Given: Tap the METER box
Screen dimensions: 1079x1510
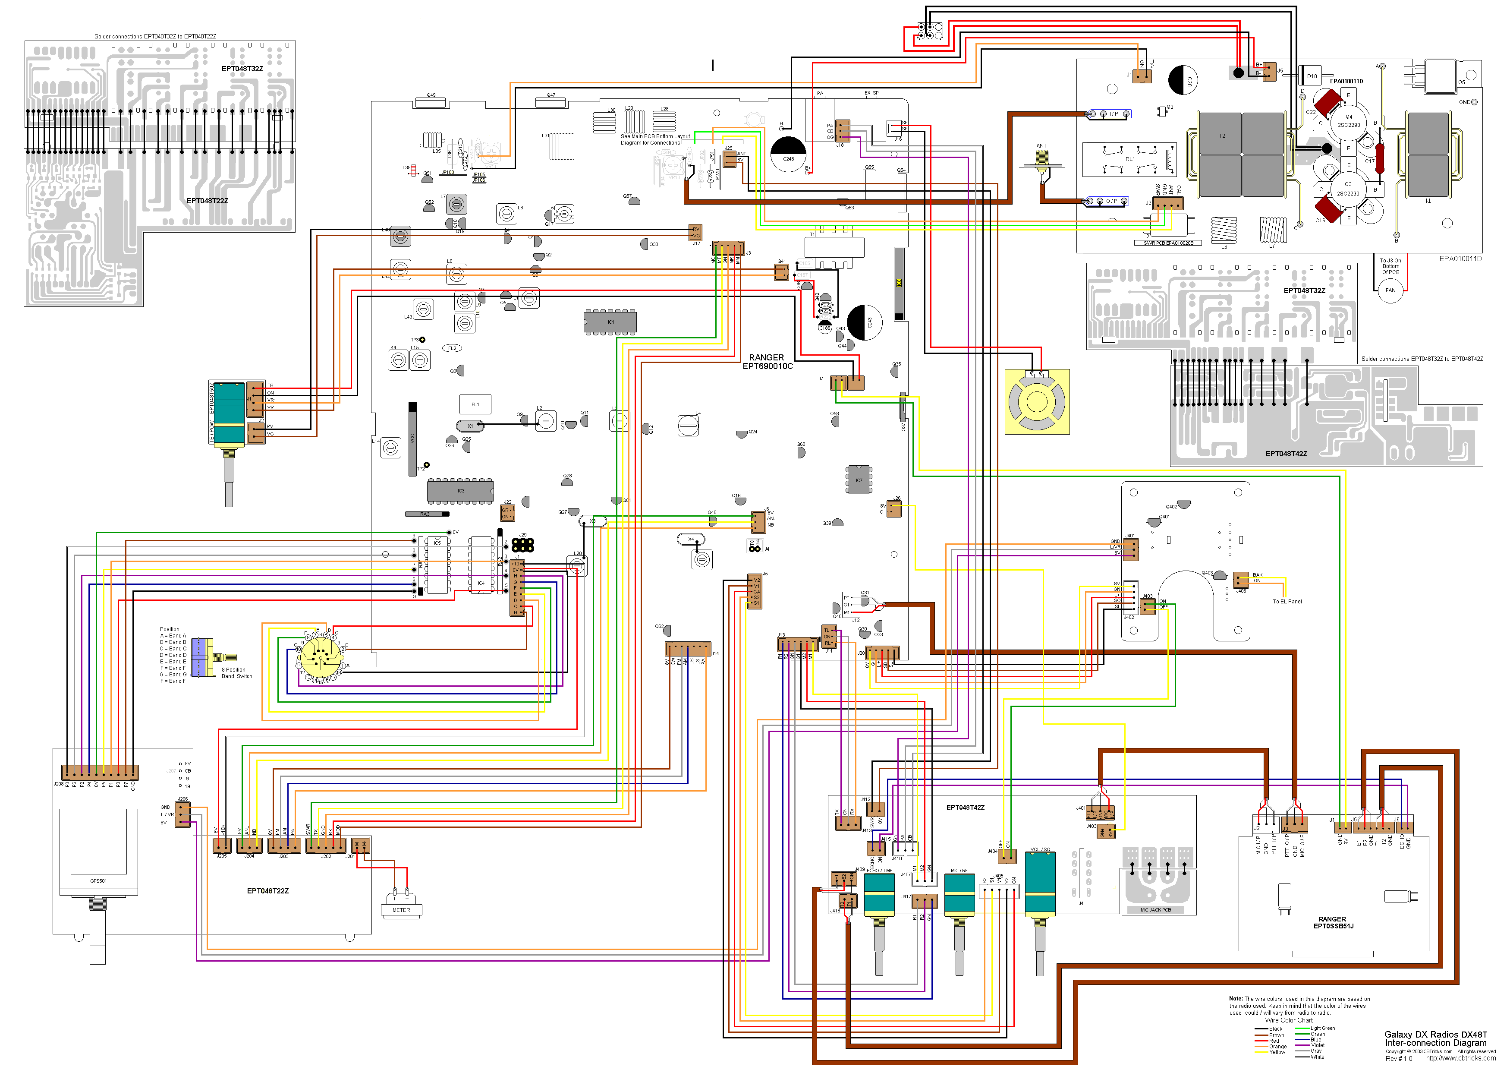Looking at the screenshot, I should pyautogui.click(x=401, y=909).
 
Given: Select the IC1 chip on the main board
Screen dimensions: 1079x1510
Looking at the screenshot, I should pyautogui.click(x=610, y=322).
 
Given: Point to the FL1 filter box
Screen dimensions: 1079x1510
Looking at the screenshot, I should pyautogui.click(x=475, y=404).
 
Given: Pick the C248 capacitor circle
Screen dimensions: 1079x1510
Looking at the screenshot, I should pyautogui.click(x=788, y=154).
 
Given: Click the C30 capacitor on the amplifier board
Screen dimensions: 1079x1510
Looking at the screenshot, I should pyautogui.click(x=1183, y=80).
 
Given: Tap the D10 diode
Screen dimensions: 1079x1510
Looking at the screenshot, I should pyautogui.click(x=1312, y=76).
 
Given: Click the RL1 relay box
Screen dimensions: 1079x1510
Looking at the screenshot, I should pyautogui.click(x=1129, y=159).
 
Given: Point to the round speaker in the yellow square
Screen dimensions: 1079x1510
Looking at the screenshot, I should pyautogui.click(x=1037, y=401).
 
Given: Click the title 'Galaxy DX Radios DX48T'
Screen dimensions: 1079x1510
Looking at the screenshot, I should pyautogui.click(x=1435, y=1034).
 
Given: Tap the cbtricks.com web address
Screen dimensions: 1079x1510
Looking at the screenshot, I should pyautogui.click(x=1460, y=1058).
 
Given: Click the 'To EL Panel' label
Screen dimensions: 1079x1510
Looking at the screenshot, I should pyautogui.click(x=1287, y=601).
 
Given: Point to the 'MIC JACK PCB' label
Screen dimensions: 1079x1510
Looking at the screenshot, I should pyautogui.click(x=1155, y=909).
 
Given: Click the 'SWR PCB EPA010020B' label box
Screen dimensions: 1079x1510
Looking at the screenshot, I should pyautogui.click(x=1168, y=243).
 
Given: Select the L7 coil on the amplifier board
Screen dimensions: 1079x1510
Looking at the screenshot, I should pyautogui.click(x=1272, y=230).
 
